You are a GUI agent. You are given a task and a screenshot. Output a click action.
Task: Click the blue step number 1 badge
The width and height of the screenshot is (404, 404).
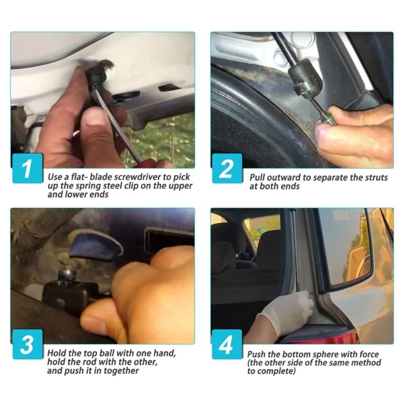[x=28, y=168]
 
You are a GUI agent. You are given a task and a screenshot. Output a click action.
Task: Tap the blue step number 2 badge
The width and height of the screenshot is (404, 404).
[x=227, y=168]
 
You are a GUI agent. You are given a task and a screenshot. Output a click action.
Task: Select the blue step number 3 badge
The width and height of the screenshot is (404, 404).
[x=28, y=344]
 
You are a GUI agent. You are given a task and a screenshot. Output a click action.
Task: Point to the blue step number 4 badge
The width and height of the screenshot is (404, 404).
[x=227, y=344]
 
